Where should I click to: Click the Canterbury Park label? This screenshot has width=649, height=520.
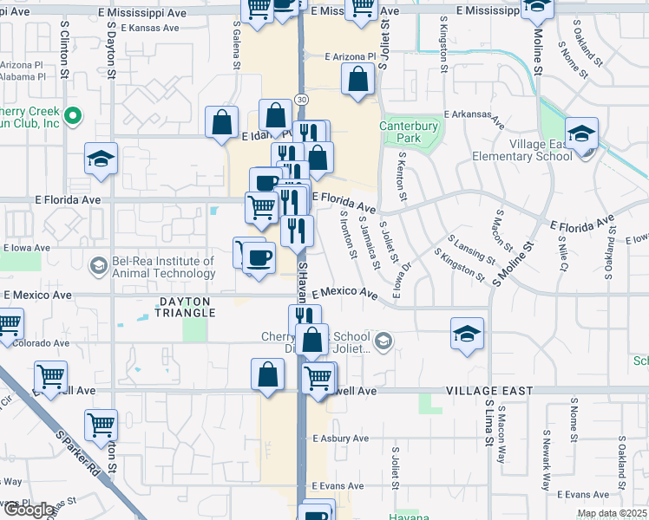pyautogui.click(x=410, y=132)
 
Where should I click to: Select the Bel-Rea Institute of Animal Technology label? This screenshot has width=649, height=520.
pyautogui.click(x=162, y=267)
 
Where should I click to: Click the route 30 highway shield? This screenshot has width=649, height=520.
pyautogui.click(x=300, y=100)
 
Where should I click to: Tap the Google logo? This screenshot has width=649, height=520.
pyautogui.click(x=28, y=510)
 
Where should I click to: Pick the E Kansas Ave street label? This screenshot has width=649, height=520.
pyautogui.click(x=149, y=28)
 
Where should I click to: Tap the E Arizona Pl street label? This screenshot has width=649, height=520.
pyautogui.click(x=350, y=57)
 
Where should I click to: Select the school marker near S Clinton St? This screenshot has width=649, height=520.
pyautogui.click(x=101, y=160)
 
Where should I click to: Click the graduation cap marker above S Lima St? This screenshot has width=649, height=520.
pyautogui.click(x=467, y=335)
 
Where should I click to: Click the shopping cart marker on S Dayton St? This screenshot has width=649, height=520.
pyautogui.click(x=102, y=426)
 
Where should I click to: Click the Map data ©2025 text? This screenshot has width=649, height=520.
pyautogui.click(x=612, y=513)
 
